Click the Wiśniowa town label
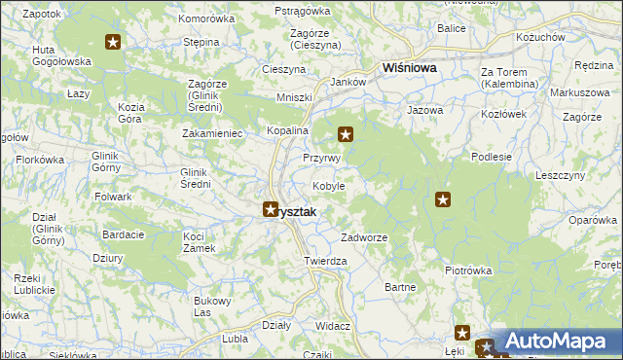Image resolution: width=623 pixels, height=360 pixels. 410,69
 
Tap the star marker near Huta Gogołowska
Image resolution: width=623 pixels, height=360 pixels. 113,42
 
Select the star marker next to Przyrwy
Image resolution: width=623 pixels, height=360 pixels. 345,134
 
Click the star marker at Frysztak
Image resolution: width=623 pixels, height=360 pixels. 271,208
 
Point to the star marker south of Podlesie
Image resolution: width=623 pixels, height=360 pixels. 443,199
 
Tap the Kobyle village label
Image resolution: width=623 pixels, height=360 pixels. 327,186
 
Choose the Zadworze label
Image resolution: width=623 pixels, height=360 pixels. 364,237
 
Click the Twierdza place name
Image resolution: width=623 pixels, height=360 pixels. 325,261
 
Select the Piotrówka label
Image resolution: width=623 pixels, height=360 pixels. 465,270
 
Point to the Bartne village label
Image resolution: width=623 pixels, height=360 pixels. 400,287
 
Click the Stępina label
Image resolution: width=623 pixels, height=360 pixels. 201,43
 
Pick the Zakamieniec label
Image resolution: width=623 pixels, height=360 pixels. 211,132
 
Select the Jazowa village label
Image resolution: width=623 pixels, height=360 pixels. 424,111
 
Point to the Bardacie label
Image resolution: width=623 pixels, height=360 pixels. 124,234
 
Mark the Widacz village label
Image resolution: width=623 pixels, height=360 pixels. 333,326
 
